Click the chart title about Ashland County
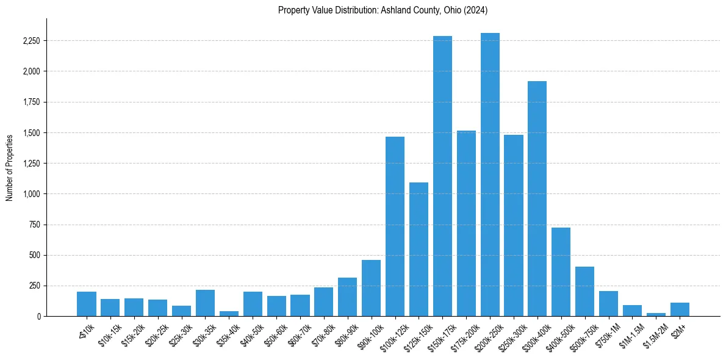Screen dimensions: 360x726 (383, 10)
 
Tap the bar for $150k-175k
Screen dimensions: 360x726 (442, 176)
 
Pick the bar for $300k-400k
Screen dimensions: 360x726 (537, 199)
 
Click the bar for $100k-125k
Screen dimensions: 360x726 (395, 226)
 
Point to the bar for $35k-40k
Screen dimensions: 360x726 (229, 314)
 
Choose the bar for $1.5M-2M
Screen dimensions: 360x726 (656, 314)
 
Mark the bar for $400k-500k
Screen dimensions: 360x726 (561, 272)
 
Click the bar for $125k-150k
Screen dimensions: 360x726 (419, 250)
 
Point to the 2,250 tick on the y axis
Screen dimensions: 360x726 (32, 41)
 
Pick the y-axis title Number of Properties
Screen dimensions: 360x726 (10, 167)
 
